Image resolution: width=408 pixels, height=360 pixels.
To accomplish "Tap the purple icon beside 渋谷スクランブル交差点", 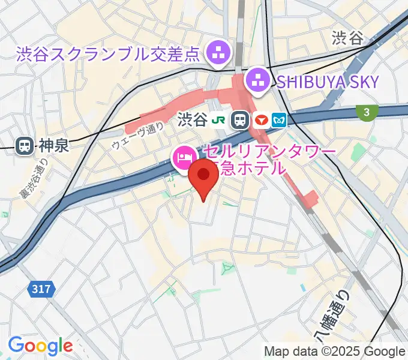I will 217,54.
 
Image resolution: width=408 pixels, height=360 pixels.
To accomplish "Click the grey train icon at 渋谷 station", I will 241,120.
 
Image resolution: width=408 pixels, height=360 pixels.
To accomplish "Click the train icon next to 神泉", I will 25,145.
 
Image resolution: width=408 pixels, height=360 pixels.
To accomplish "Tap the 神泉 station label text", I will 55,145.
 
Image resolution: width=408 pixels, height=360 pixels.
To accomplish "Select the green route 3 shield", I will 365,112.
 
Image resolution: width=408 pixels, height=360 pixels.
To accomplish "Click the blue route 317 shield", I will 41,289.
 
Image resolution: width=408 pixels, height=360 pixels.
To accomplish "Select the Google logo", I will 40,346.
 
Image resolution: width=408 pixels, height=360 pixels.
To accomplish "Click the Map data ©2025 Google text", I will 335,351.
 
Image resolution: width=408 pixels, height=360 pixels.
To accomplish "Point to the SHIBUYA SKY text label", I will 328,81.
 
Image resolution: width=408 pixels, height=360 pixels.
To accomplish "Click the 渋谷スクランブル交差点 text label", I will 108,55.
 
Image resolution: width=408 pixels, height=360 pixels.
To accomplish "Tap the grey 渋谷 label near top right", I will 347,38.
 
